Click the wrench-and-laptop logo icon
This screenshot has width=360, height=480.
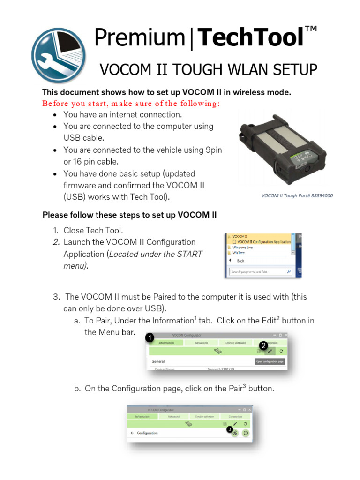59,55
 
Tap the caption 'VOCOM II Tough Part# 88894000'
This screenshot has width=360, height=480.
297,195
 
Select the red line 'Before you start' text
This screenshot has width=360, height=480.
131,103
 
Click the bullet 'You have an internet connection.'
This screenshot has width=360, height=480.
122,114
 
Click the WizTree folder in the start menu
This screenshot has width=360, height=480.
239,252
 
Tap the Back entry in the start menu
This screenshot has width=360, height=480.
240,261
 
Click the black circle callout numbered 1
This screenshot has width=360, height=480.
149,337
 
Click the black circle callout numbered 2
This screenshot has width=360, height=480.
263,345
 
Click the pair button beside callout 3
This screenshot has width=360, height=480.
235,434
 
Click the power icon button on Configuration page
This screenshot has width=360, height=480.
246,434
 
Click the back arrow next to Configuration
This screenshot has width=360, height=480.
132,433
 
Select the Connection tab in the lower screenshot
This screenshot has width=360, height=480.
235,416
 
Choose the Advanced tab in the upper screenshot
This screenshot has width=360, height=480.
201,343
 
